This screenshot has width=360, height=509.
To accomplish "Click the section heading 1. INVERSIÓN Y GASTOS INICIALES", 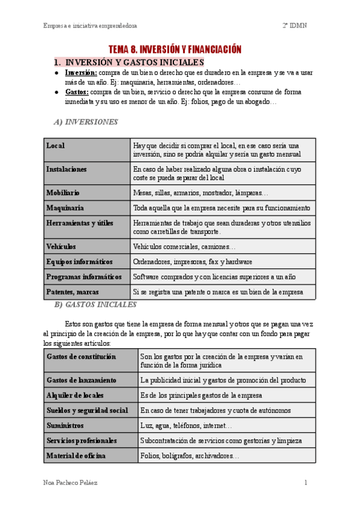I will pyautogui.click(x=129, y=62).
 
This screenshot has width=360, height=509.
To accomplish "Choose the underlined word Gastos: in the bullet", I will pyautogui.click(x=77, y=92).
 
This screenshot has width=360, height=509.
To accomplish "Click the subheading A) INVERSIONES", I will pyautogui.click(x=86, y=122).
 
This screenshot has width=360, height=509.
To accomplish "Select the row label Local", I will pyautogui.click(x=55, y=146).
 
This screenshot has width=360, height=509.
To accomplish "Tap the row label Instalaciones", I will pyautogui.click(x=67, y=169).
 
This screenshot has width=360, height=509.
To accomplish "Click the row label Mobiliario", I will pyautogui.click(x=63, y=193).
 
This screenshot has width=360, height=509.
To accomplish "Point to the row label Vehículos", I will pyautogui.click(x=61, y=246).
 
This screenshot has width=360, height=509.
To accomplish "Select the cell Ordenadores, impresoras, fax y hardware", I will pyautogui.click(x=193, y=262).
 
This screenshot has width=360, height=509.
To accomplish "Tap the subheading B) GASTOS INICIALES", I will pyautogui.click(x=95, y=304).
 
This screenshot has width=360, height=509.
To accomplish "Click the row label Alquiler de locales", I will pyautogui.click(x=75, y=396).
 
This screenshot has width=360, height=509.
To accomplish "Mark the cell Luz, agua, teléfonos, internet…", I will pyautogui.click(x=187, y=426).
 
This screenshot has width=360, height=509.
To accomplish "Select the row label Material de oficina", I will pyautogui.click(x=76, y=456).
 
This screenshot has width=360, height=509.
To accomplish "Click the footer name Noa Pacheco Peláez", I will pyautogui.click(x=72, y=483).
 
